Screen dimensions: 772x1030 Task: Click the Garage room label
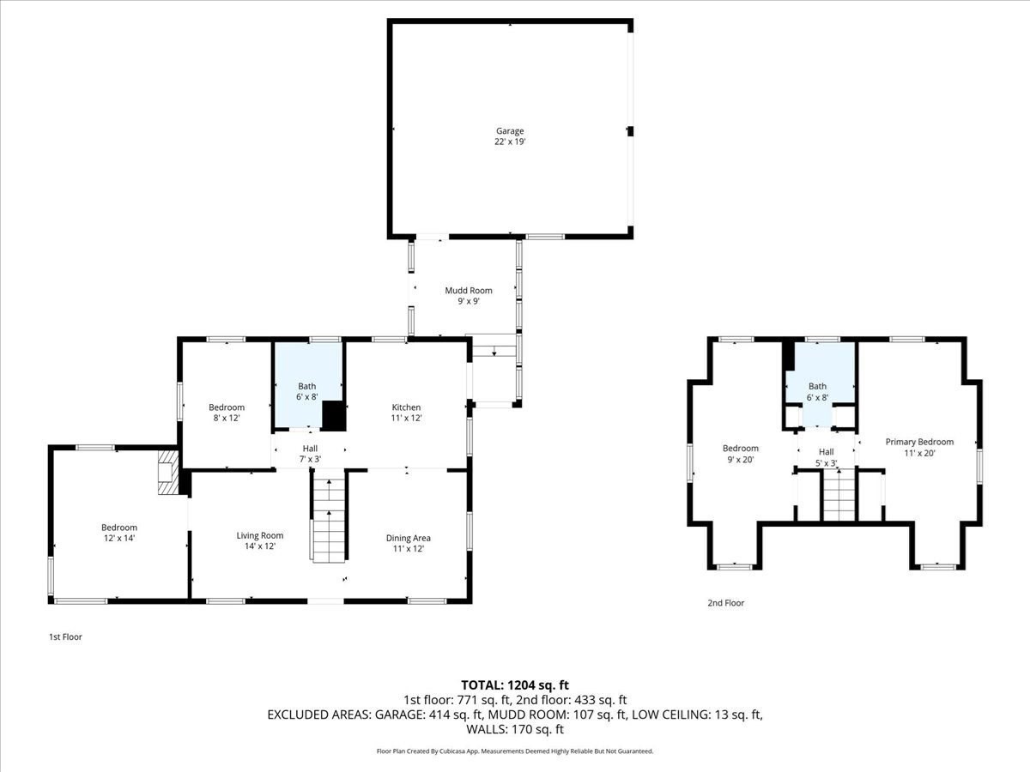point(509,131)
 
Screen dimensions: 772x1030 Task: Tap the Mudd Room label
point(468,291)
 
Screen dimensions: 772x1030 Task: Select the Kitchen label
point(406,407)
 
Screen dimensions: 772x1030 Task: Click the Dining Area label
point(408,538)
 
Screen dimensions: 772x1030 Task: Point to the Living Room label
point(259,536)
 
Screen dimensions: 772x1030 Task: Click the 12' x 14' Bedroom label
point(119,528)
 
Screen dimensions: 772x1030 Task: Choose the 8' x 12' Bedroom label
point(227,407)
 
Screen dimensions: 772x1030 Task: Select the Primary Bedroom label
point(919,442)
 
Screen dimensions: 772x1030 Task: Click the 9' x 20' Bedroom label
point(740,449)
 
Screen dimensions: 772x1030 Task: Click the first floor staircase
point(329,521)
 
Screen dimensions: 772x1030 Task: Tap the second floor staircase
point(839,497)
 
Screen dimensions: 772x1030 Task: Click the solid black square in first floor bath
point(333,416)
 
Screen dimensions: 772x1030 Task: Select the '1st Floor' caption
point(65,637)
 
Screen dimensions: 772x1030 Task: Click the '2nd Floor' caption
point(725,603)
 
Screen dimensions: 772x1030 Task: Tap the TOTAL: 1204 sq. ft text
point(514,685)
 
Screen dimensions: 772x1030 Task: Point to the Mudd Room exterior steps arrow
point(494,351)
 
